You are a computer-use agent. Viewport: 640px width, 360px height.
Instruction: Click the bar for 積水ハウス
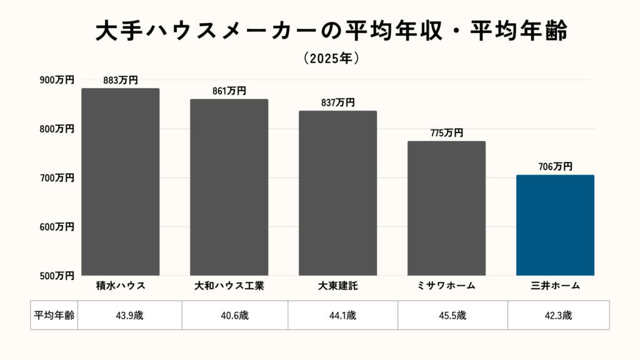(121, 182)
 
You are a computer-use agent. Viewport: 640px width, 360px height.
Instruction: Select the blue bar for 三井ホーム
(555, 225)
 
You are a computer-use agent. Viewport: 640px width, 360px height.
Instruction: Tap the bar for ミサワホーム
(446, 208)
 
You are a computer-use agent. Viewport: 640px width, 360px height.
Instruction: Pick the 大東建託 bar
(337, 193)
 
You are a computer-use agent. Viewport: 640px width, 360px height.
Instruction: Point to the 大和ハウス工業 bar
(229, 187)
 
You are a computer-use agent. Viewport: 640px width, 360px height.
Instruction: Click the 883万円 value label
(121, 80)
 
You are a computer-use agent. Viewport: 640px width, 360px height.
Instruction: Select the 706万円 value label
(555, 166)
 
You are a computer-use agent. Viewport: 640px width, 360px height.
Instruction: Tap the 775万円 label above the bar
(446, 132)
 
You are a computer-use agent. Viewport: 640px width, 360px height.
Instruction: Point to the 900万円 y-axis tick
(57, 80)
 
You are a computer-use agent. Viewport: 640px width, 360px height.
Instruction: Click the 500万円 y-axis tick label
(57, 275)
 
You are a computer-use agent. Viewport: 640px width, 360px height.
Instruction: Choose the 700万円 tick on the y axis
(57, 178)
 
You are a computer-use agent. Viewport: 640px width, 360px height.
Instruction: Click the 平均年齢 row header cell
(54, 315)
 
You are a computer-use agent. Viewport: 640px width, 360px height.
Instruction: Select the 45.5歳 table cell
(452, 315)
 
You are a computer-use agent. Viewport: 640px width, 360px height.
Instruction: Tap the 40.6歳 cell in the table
(235, 315)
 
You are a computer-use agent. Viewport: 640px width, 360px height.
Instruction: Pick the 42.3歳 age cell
(558, 315)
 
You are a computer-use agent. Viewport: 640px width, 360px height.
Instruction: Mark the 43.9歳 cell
(130, 315)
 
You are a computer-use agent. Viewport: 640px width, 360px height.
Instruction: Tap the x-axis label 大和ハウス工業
(229, 286)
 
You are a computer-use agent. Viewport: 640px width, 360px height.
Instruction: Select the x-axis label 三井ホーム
(555, 286)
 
